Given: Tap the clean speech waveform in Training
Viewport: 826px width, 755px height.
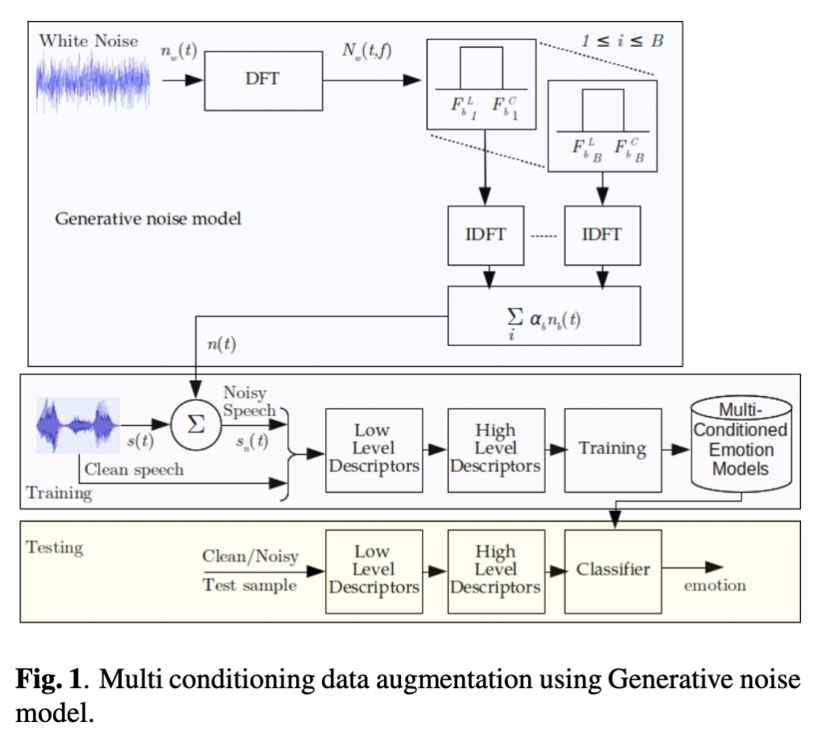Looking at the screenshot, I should pos(78,423).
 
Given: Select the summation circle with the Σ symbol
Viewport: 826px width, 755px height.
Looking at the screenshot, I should pos(195,423).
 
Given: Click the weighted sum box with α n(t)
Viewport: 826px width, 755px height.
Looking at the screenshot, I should pos(544,316).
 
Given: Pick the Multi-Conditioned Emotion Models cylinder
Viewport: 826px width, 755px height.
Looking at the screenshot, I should pos(740,445).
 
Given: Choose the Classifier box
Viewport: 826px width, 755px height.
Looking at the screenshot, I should pos(613,570).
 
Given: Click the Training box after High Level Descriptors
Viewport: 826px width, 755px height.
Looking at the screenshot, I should pos(613,449).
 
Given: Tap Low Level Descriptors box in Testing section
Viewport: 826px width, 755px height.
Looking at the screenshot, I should pos(373,570).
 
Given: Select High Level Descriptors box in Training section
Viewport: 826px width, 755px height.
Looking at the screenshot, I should pos(495,449).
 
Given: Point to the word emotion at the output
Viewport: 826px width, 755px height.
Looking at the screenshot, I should pos(715,586).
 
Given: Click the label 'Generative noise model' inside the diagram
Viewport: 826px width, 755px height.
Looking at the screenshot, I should pos(148,219).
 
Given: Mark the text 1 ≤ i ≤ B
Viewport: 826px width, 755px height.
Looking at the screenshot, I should pos(623,40).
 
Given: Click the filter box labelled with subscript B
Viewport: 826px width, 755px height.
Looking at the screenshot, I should pos(602,125).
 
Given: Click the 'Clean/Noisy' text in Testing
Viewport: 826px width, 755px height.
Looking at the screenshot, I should pos(250,557).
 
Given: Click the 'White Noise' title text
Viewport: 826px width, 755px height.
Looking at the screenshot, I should pos(88,40).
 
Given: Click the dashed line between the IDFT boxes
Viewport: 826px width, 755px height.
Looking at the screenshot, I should pos(544,236).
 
